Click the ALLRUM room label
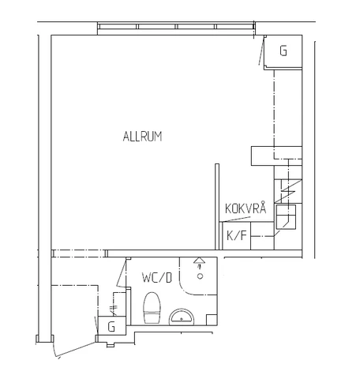142,136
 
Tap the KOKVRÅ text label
245,209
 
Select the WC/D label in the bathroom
157,278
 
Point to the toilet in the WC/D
152,308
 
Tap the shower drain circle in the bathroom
201,276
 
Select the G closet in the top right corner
283,52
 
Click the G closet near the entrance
111,326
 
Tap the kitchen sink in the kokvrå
288,216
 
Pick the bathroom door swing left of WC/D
122,276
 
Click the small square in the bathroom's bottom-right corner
212,317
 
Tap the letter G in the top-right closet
283,52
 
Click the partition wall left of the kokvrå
216,205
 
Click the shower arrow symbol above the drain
200,263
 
